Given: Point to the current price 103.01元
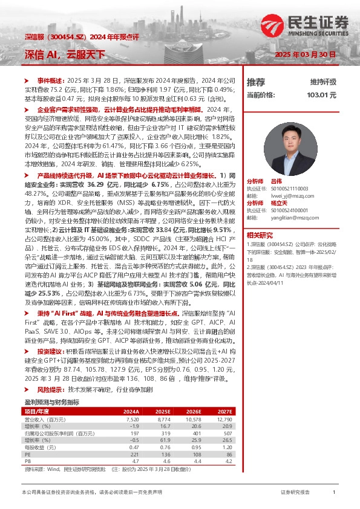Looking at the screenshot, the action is tap(321, 95).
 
